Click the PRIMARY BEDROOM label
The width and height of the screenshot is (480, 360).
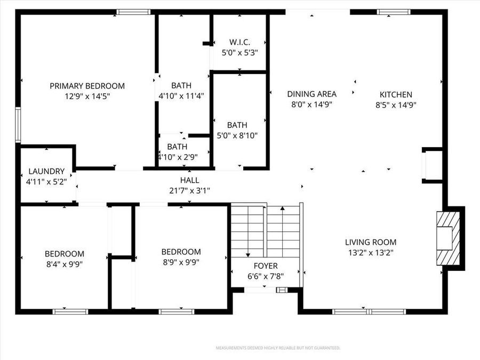coord(87,86)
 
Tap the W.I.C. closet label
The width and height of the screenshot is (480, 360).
coord(239,42)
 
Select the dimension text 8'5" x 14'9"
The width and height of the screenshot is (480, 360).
coord(396,105)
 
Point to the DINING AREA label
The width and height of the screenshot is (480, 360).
coord(312,94)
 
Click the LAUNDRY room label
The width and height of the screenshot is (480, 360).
coord(46,172)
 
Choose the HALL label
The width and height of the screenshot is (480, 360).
coord(189,180)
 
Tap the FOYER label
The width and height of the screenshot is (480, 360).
coord(266,266)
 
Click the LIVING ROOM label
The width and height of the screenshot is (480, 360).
coord(371,242)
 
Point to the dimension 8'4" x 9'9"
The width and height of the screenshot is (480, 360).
coord(64,263)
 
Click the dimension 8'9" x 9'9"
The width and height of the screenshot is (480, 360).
coord(181,262)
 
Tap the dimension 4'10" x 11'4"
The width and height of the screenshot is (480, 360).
coord(181,96)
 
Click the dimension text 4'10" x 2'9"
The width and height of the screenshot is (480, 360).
coord(177,157)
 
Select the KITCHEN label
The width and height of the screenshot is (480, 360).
coord(396,94)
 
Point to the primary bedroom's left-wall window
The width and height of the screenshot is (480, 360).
coord(18,125)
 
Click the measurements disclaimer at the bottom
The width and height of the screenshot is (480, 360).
coord(278,348)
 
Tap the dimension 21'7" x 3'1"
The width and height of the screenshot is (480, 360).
coord(190,190)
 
